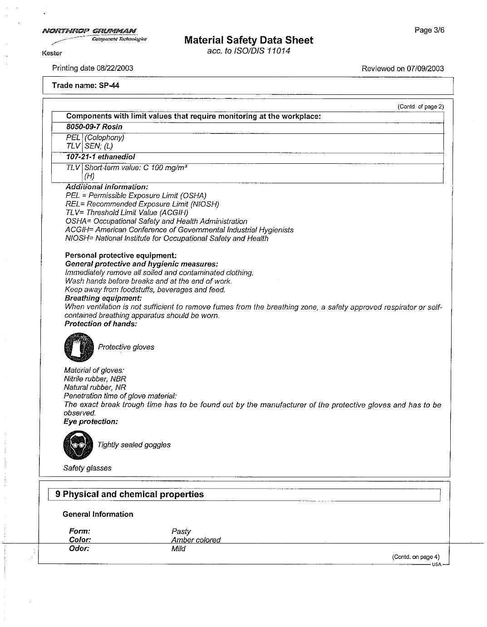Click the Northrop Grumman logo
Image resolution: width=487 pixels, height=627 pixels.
[91, 32]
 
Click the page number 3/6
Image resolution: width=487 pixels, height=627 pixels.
[429, 30]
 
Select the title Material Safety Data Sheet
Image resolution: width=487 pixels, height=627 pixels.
[249, 40]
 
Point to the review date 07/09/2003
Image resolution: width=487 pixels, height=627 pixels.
[425, 69]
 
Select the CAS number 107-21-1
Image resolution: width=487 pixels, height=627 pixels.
[81, 157]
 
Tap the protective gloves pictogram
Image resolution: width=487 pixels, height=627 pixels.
[79, 347]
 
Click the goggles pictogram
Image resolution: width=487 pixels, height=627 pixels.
[78, 445]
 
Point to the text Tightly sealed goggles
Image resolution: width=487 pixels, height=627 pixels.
[134, 445]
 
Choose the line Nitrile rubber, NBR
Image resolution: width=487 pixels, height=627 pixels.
[95, 379]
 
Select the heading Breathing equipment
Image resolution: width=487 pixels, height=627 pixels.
[103, 298]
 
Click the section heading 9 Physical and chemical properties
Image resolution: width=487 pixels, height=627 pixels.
[130, 495]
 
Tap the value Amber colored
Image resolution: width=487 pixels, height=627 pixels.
[196, 540]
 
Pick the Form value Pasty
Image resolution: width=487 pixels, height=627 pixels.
[181, 531]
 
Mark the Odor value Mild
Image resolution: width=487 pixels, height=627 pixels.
[178, 549]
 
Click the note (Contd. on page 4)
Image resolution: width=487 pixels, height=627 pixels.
[416, 557]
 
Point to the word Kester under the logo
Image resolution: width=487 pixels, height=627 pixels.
[52, 53]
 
